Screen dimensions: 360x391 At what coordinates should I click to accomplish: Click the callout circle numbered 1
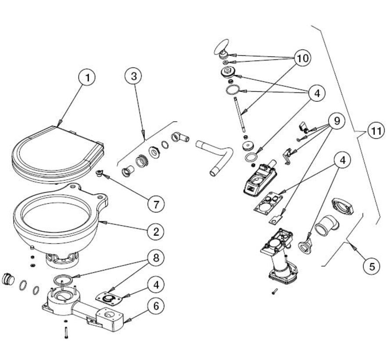pyautogui.click(x=87, y=78)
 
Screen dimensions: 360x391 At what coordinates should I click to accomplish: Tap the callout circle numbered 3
pyautogui.click(x=134, y=76)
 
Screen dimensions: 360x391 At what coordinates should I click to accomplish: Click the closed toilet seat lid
pyautogui.click(x=57, y=151)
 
